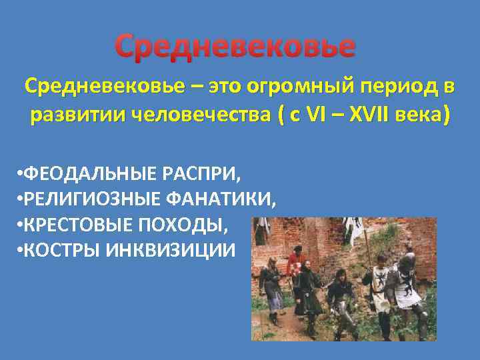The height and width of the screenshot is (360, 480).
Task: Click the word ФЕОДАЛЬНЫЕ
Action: click(x=87, y=174)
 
